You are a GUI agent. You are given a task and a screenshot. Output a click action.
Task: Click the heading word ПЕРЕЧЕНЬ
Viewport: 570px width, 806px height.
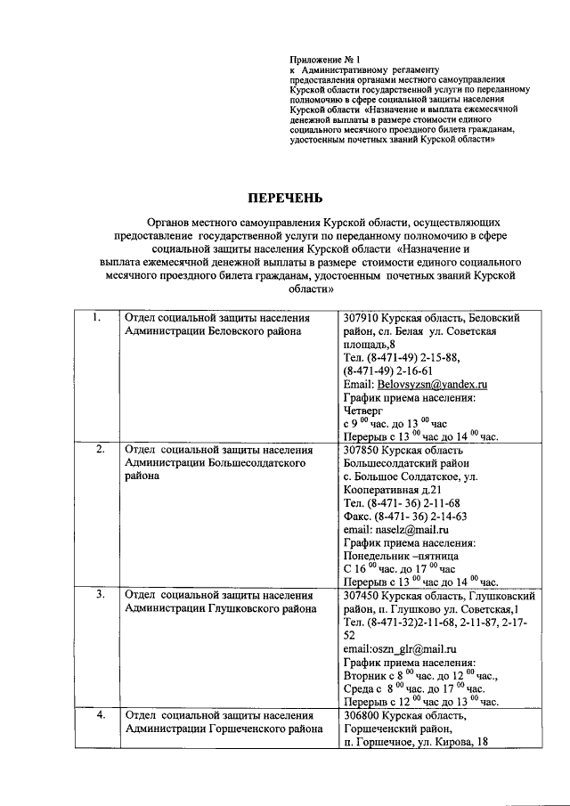coord(285,198)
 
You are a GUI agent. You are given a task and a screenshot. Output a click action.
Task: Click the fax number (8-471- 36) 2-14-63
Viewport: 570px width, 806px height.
coord(405,516)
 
